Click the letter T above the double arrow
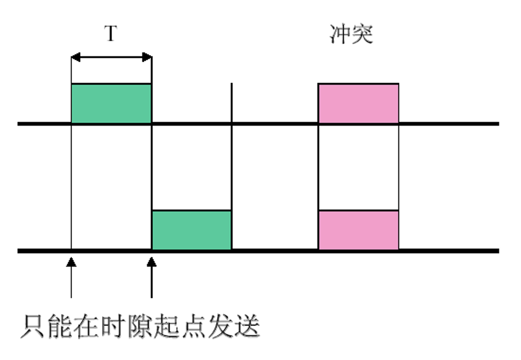(x=111, y=34)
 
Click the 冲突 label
(x=351, y=34)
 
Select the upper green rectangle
(x=111, y=103)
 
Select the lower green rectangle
(x=192, y=230)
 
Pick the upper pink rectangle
(x=358, y=103)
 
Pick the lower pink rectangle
(x=358, y=230)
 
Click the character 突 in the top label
(x=363, y=34)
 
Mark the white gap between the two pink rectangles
(x=358, y=167)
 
